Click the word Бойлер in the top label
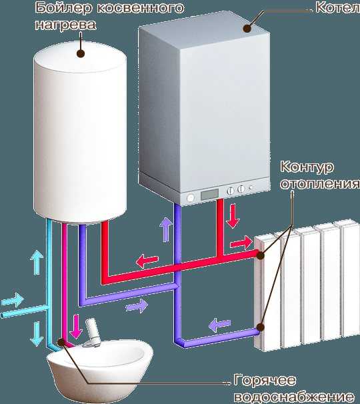coord(63,8)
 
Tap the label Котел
coord(337,8)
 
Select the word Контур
coord(307,167)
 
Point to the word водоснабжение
coord(294,397)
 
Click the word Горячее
coord(265,380)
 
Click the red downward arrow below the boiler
coord(233,216)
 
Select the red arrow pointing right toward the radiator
coord(241,243)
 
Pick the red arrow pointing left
coord(147,261)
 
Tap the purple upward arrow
coord(165,229)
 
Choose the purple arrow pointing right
coord(137,306)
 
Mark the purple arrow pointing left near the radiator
coord(219,325)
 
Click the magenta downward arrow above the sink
coord(76,327)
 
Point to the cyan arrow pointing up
coord(37,262)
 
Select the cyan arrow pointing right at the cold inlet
coord(13,299)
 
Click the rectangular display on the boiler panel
coord(209,193)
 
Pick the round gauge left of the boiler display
coord(190,198)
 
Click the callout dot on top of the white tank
coord(81,53)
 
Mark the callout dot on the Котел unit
coord(247,29)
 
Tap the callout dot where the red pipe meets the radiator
coord(260,255)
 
